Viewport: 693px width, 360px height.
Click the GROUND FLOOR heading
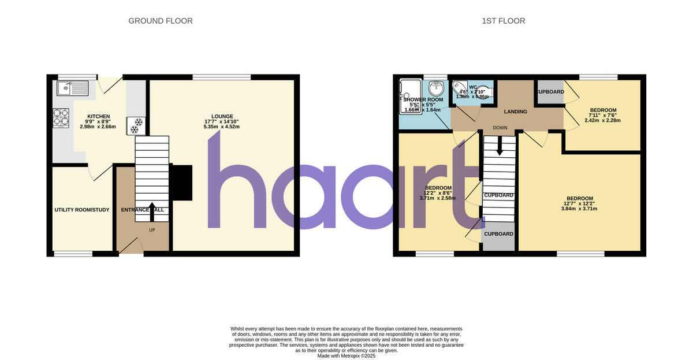pyautogui.click(x=160, y=21)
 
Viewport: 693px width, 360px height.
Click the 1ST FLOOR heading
pyautogui.click(x=504, y=21)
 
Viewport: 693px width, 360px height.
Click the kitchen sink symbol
pyautogui.click(x=72, y=88)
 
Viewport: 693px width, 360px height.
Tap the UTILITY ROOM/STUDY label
pyautogui.click(x=81, y=210)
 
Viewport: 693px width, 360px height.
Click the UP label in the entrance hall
pyautogui.click(x=152, y=230)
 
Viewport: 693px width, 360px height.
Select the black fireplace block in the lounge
pyautogui.click(x=182, y=183)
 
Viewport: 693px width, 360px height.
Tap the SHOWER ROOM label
pyautogui.click(x=415, y=99)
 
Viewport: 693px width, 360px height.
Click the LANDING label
pyautogui.click(x=515, y=112)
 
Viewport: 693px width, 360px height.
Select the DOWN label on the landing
pyautogui.click(x=500, y=128)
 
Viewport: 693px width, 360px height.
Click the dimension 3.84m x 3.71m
pyautogui.click(x=579, y=209)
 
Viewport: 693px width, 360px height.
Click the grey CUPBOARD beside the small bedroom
pyautogui.click(x=550, y=92)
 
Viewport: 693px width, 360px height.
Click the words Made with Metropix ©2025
pyautogui.click(x=346, y=356)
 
